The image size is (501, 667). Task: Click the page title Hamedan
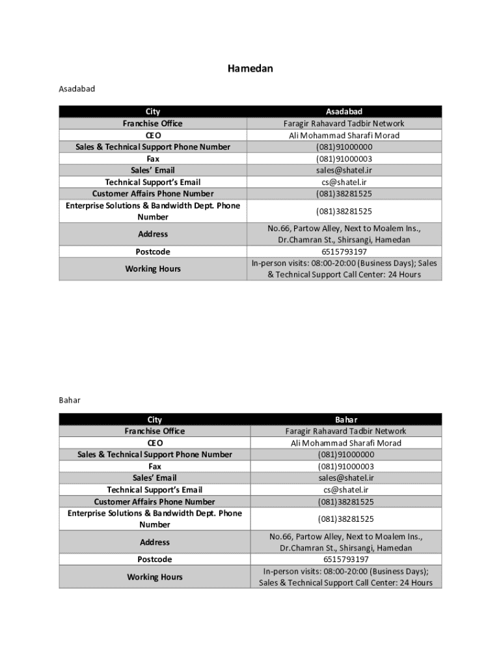click(x=250, y=68)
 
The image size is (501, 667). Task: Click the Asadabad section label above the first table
click(x=77, y=89)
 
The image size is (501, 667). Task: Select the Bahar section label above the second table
click(x=70, y=400)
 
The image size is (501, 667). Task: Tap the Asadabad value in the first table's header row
click(x=344, y=112)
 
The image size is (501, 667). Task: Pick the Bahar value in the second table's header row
click(x=346, y=419)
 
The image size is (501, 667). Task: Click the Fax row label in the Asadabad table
click(x=153, y=158)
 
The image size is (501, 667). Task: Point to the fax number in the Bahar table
click(x=345, y=466)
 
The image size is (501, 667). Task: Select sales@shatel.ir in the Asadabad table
click(x=344, y=170)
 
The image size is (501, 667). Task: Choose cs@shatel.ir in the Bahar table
click(x=345, y=490)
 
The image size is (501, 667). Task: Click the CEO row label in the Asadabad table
click(x=153, y=135)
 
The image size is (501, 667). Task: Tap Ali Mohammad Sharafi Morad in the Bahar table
click(x=345, y=443)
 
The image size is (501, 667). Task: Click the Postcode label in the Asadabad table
click(x=153, y=251)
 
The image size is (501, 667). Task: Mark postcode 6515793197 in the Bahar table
click(x=345, y=560)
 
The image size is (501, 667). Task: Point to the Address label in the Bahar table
click(x=155, y=542)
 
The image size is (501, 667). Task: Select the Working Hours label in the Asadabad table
click(x=153, y=268)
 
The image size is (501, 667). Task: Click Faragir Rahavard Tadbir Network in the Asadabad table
click(x=344, y=124)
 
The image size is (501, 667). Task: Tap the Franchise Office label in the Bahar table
click(x=155, y=431)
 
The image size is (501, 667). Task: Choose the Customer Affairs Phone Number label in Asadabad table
click(x=153, y=193)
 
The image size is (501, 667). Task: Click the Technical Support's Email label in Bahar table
click(x=155, y=490)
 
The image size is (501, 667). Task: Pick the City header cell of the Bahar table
click(x=155, y=419)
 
